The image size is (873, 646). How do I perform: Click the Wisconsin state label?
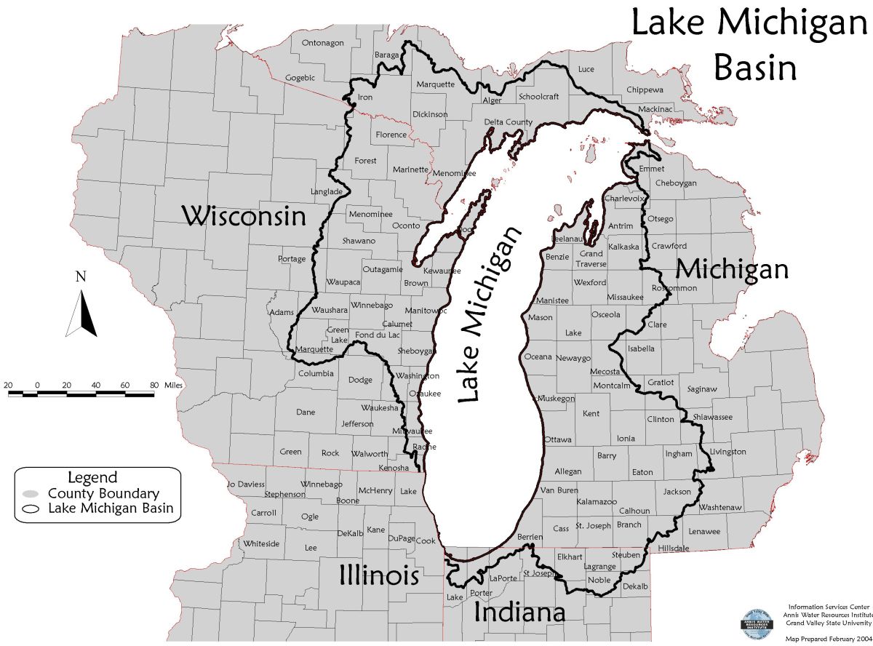coord(243,216)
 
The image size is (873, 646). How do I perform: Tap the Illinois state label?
coord(378,575)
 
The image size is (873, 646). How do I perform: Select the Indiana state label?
coord(519,613)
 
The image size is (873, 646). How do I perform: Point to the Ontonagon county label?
coord(322,43)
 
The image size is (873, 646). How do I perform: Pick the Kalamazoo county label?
coord(597,502)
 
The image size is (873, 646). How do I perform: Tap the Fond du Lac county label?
coord(378,335)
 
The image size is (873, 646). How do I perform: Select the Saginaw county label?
coord(701,389)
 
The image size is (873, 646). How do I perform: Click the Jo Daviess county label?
coord(246,484)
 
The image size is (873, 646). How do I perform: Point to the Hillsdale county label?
coord(673,548)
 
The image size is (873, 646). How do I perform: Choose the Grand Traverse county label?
coord(591,259)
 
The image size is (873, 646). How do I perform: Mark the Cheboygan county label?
coord(676,183)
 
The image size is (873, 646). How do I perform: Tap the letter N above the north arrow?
coord(81,277)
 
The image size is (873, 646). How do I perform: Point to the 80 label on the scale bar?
coord(154,384)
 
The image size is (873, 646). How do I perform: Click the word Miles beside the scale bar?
coord(175,384)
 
